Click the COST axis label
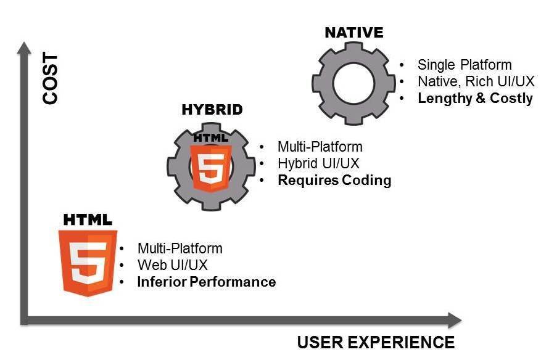[51, 78]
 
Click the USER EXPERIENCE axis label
[376, 343]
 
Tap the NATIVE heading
[353, 32]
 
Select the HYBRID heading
[212, 110]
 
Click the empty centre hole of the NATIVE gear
[353, 82]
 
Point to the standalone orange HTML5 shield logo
[88, 261]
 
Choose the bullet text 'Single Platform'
[465, 65]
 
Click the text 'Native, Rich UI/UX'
[476, 81]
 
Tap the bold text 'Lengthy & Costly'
[475, 99]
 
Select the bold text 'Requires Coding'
[334, 181]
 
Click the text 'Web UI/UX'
[172, 265]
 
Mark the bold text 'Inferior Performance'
[206, 282]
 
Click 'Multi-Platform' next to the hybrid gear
[320, 147]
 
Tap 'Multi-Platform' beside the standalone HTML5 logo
[180, 248]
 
